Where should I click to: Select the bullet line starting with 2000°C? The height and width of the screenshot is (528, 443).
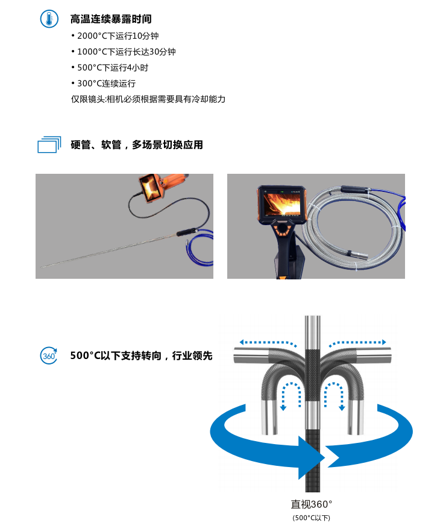(115, 36)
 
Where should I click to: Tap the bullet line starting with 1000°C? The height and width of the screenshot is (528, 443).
(124, 52)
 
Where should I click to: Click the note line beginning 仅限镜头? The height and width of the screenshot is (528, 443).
(148, 99)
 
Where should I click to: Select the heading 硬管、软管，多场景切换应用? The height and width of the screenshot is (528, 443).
(137, 145)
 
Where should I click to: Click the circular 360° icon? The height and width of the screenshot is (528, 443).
(48, 356)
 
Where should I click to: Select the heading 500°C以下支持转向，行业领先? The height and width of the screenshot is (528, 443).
(142, 356)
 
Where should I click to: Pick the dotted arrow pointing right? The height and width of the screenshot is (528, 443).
(357, 343)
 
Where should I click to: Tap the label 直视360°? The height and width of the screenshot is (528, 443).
(312, 504)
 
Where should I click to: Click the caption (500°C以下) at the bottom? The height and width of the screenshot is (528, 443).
(312, 518)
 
